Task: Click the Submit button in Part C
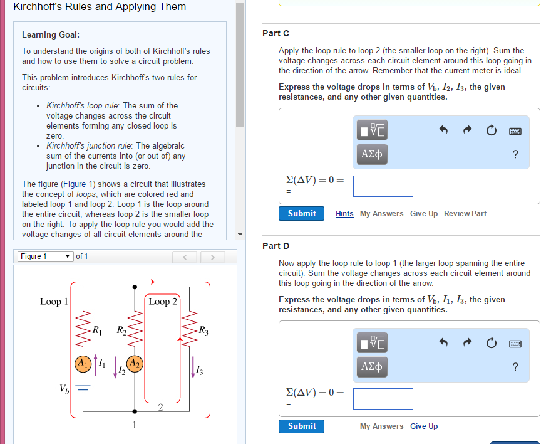click(301, 214)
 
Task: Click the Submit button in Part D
click(301, 426)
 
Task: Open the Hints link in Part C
click(344, 214)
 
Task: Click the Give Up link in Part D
click(424, 426)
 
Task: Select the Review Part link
click(465, 214)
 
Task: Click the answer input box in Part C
click(383, 186)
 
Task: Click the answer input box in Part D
click(383, 399)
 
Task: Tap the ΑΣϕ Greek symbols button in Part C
click(372, 154)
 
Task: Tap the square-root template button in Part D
click(372, 342)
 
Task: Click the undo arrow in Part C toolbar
click(443, 130)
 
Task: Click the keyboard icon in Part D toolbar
click(515, 344)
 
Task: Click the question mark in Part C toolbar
click(515, 154)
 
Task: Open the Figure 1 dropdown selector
click(45, 256)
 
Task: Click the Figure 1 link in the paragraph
click(78, 184)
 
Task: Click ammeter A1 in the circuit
click(83, 364)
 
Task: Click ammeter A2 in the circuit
click(135, 364)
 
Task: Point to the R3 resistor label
click(203, 330)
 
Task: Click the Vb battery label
click(64, 389)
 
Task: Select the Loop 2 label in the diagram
click(163, 302)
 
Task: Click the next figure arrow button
click(213, 257)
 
